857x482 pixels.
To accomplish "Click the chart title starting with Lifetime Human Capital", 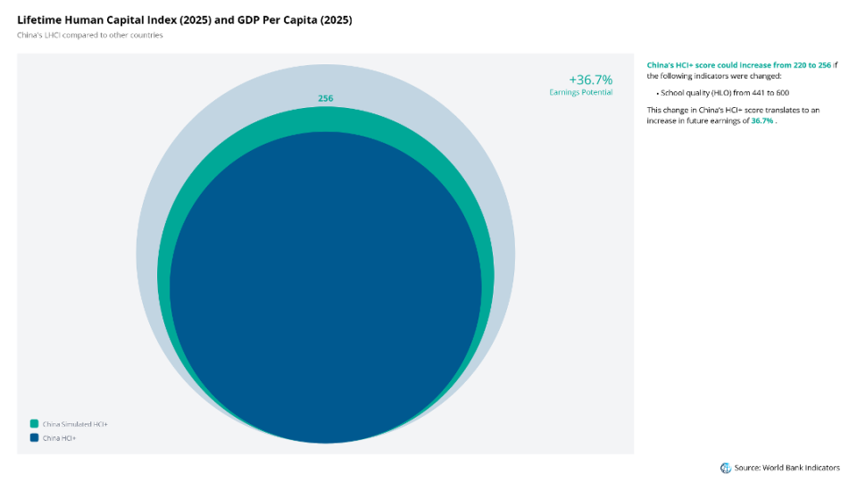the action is (x=185, y=21).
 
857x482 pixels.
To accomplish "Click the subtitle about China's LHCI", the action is (x=89, y=35).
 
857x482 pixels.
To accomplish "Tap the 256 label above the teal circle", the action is (x=325, y=98).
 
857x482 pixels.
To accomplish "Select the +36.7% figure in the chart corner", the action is (x=591, y=79).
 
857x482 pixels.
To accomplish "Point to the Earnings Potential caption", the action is (x=581, y=92).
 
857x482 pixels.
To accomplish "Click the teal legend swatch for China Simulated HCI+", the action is (x=34, y=423).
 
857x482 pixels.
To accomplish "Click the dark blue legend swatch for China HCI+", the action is (x=34, y=437).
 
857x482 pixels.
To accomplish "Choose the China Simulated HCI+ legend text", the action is (x=75, y=424).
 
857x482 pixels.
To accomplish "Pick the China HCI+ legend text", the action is (x=59, y=438).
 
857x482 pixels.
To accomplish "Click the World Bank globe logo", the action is (x=725, y=468).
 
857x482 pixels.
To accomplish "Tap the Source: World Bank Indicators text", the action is (x=787, y=468).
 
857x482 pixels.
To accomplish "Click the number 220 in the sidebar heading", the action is (x=800, y=65).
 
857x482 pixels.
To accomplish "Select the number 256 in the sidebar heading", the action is (x=824, y=65).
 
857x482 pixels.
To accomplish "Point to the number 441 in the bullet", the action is (x=759, y=93).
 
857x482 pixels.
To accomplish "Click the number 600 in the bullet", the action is (x=783, y=93).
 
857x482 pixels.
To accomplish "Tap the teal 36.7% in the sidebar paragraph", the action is (x=761, y=120).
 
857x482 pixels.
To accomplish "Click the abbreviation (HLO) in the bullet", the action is (x=721, y=93).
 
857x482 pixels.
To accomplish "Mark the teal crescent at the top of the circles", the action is (x=325, y=119).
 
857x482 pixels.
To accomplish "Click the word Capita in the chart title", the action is (x=300, y=21).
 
